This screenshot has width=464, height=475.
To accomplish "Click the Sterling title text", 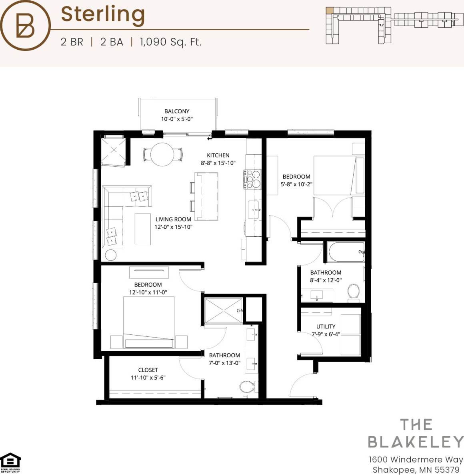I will (x=103, y=14).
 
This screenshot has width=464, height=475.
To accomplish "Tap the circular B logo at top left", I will (x=26, y=25).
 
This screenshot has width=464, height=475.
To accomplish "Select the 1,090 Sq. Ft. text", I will (x=171, y=42).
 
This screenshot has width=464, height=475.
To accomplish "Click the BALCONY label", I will (x=177, y=111).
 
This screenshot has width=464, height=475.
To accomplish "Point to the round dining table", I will (x=162, y=155).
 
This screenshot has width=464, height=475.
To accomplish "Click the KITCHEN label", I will (x=218, y=155).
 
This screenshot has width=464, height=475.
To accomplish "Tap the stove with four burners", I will (x=252, y=179).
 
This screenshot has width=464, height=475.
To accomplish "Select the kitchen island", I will (x=206, y=196).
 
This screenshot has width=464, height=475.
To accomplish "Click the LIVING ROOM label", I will (x=173, y=219).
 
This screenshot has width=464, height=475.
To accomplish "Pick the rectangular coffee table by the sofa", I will (x=142, y=229).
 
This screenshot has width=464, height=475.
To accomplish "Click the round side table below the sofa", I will (x=110, y=255).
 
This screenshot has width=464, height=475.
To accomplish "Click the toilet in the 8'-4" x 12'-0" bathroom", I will (x=353, y=292).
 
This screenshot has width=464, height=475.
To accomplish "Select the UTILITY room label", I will (x=326, y=326).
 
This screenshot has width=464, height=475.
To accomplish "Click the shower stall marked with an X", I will (x=223, y=310).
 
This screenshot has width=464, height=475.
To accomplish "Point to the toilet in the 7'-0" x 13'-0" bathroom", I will (x=246, y=387).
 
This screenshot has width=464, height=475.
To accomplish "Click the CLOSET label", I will (x=148, y=370).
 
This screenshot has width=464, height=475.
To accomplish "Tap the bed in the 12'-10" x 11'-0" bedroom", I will (x=148, y=324).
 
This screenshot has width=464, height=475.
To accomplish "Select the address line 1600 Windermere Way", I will (x=416, y=459).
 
